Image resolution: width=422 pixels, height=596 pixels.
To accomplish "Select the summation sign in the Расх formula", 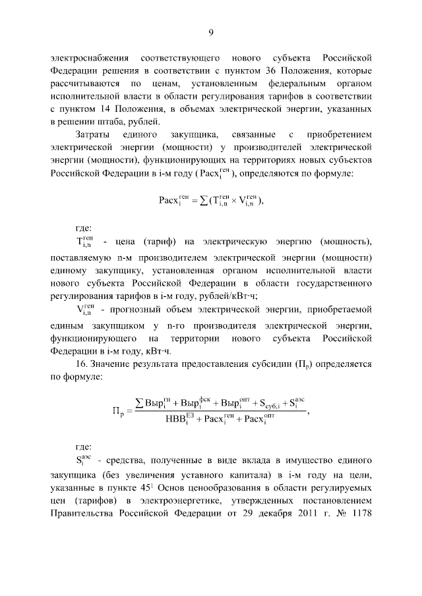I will tap(199, 201).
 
